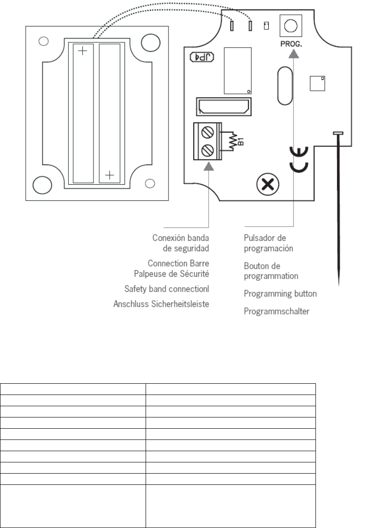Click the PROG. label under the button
[x=290, y=44]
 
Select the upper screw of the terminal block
[x=208, y=133]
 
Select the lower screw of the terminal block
[x=208, y=149]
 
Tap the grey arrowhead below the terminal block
[x=209, y=166]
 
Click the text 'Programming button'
[x=280, y=293]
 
